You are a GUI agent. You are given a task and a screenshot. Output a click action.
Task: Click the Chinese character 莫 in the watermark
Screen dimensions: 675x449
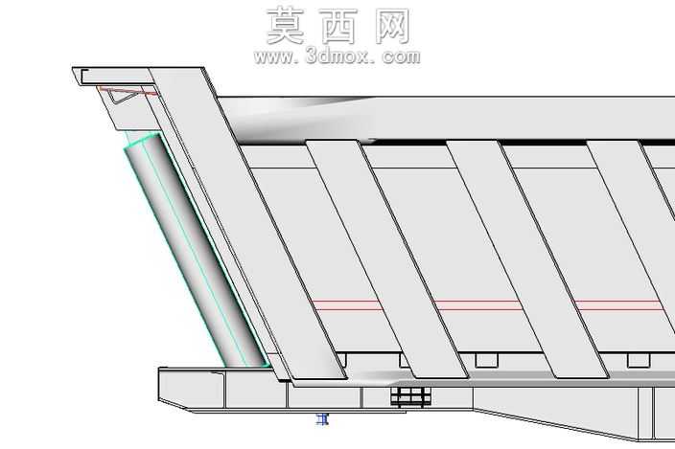[285, 26]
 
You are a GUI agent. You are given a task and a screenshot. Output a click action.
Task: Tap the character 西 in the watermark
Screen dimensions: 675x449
[338, 27]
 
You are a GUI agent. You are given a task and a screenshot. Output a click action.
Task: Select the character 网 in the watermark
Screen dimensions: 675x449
[392, 27]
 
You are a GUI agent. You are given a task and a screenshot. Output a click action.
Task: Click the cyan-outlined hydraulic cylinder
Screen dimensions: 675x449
[196, 252]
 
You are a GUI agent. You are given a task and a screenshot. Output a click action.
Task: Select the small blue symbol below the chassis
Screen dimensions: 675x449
[322, 419]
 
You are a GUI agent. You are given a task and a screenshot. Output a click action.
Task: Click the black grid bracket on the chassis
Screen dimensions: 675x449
[410, 396]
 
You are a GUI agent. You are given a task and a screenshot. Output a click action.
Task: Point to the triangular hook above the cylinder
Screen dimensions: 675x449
[123, 96]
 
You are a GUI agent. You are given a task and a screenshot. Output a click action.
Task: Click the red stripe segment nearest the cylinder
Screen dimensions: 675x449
[346, 305]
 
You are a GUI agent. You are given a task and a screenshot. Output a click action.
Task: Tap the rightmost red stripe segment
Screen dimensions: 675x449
[618, 305]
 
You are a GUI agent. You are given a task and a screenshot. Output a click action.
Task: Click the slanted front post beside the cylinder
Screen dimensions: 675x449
[247, 223]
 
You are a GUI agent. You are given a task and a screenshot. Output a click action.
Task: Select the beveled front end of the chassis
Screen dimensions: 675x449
[175, 389]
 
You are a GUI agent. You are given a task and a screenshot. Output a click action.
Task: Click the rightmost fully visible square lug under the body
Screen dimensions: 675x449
[639, 360]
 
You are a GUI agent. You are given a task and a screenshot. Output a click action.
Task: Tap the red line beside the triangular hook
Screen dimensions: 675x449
[129, 92]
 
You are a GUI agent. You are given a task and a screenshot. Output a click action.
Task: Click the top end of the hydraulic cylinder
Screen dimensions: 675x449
[143, 141]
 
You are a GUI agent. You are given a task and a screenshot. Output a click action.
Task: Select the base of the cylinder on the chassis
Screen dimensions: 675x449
[247, 365]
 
